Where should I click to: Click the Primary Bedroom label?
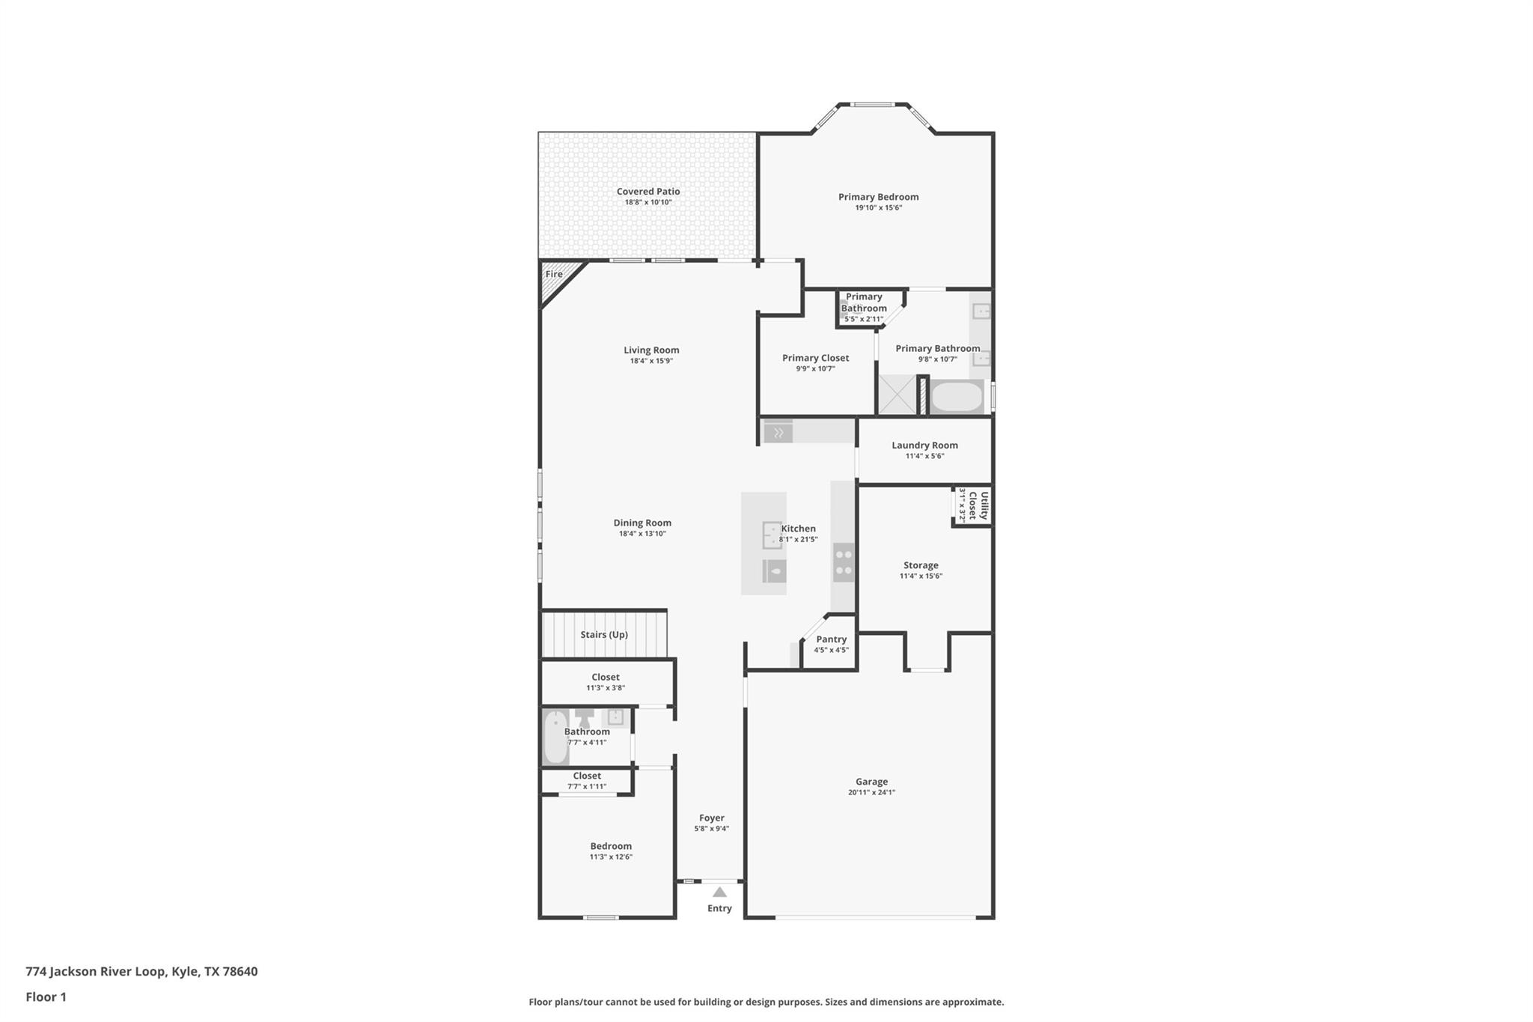tap(878, 197)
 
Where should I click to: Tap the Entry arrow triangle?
tap(719, 892)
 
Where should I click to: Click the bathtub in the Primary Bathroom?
tap(957, 396)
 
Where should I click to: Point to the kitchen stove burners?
tap(844, 563)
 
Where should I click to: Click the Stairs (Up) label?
tap(603, 635)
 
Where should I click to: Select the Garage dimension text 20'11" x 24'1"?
tap(871, 792)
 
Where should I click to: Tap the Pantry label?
tap(831, 639)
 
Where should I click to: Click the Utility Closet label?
tap(978, 505)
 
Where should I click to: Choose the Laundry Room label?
tap(924, 445)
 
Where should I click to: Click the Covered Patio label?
tap(648, 192)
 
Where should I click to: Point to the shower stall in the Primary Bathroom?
tap(897, 395)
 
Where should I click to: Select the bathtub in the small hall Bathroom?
tap(555, 737)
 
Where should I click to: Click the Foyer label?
tap(711, 818)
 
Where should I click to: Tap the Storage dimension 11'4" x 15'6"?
tap(921, 576)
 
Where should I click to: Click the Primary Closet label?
tap(815, 358)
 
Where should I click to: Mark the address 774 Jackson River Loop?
tap(141, 971)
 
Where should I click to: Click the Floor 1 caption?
tap(46, 997)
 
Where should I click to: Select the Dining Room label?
tap(642, 523)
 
